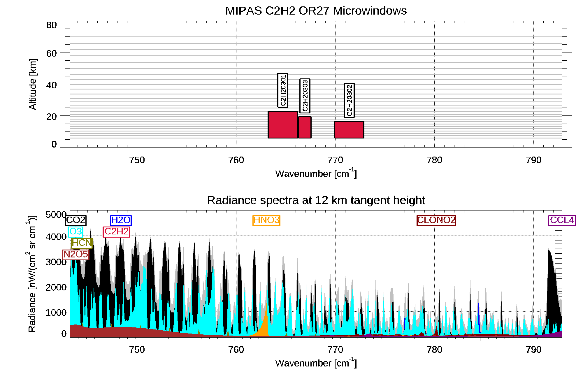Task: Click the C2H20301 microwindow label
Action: [x=282, y=90]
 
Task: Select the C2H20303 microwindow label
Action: [x=305, y=96]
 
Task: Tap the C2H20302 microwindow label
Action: [x=349, y=100]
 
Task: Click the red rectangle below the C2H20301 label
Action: [x=282, y=124]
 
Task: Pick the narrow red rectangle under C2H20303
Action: [x=305, y=127]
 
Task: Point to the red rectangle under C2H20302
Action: [x=349, y=130]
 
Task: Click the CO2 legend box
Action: [x=75, y=220]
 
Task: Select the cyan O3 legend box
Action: [x=75, y=232]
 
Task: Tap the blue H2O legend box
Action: [x=121, y=220]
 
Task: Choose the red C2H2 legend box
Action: [x=117, y=232]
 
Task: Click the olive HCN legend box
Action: [x=82, y=243]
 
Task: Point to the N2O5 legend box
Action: [x=75, y=255]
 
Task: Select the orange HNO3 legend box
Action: [x=266, y=220]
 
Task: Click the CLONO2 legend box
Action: [x=436, y=220]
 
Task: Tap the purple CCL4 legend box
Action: [x=562, y=220]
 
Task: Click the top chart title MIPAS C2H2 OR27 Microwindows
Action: [x=316, y=11]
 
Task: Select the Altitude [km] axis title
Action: [x=33, y=84]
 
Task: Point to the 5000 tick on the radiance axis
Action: [x=56, y=215]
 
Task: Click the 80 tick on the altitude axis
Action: [x=51, y=25]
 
